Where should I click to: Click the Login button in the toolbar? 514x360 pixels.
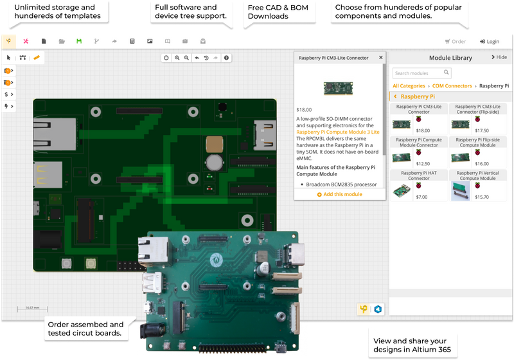click(490, 41)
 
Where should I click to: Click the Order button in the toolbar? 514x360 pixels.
click(456, 41)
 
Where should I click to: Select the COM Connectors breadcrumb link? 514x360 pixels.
click(452, 85)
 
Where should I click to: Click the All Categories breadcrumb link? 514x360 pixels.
click(409, 85)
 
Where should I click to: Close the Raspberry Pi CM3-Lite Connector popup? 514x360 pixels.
click(380, 57)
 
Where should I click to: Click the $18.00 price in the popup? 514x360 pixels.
click(304, 109)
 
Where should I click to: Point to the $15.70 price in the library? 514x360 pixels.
click(481, 197)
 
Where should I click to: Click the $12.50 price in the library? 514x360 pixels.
click(423, 163)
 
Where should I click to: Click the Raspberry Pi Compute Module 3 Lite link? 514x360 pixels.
click(338, 132)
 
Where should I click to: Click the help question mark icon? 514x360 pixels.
click(226, 58)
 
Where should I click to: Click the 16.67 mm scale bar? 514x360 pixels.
click(33, 309)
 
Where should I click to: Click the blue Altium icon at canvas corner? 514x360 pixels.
click(378, 309)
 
